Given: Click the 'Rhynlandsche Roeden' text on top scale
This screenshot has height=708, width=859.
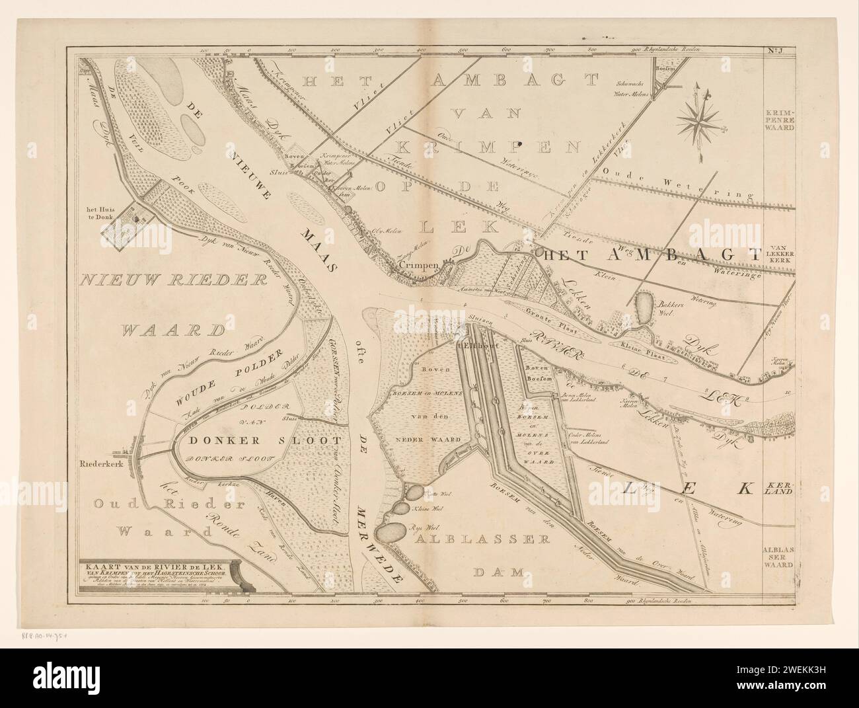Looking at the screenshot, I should (679, 50).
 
